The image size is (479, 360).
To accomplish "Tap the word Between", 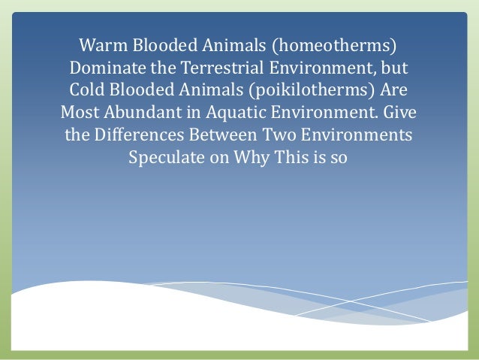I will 218,138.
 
